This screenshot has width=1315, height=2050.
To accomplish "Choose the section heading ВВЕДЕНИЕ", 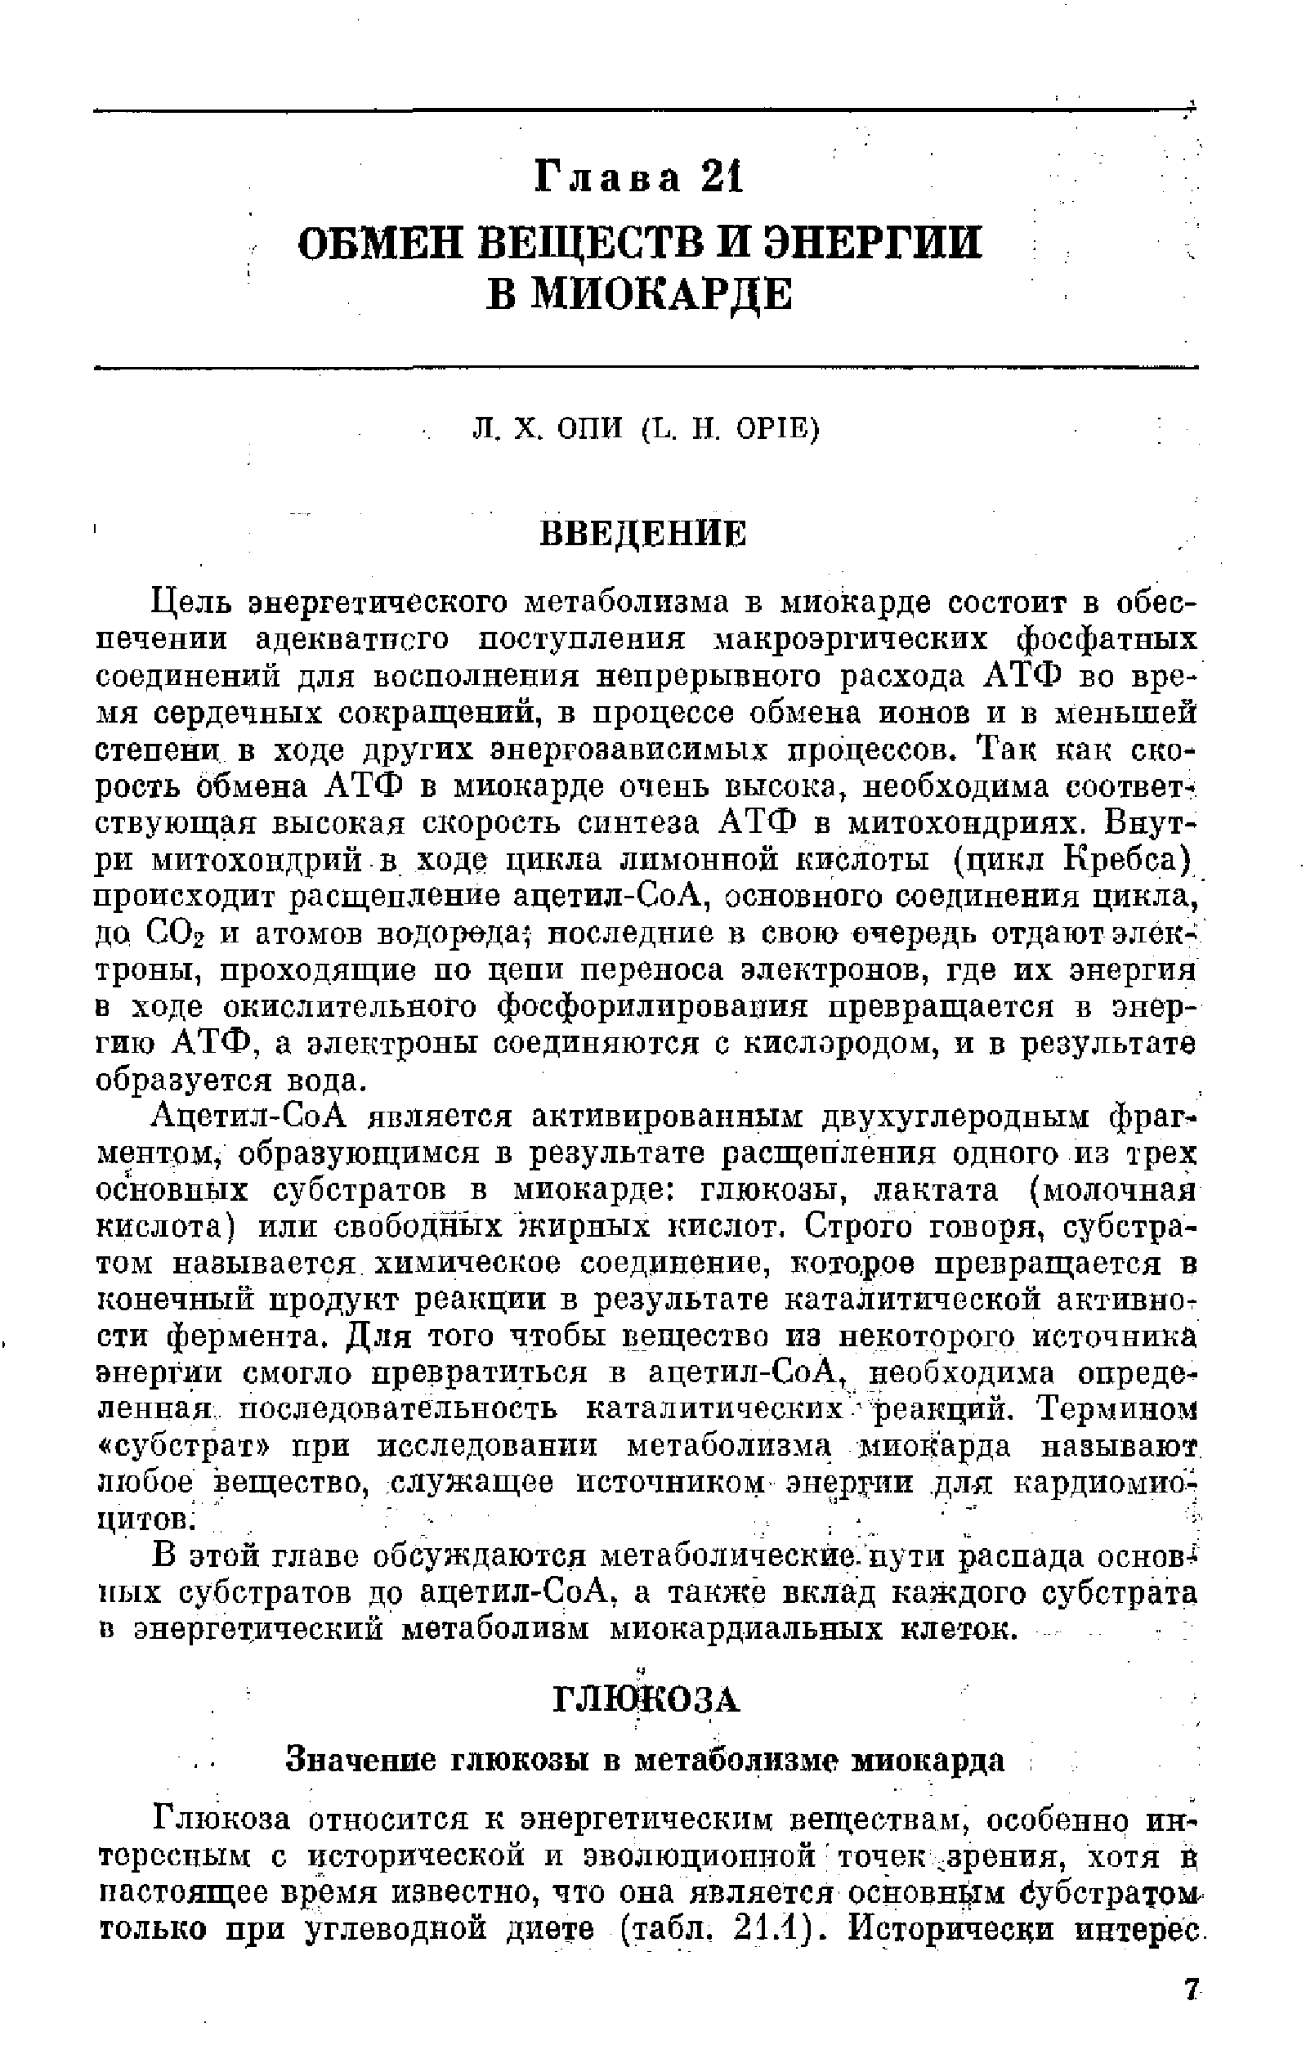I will (645, 535).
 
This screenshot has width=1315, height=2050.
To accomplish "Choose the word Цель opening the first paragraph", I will (190, 602).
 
